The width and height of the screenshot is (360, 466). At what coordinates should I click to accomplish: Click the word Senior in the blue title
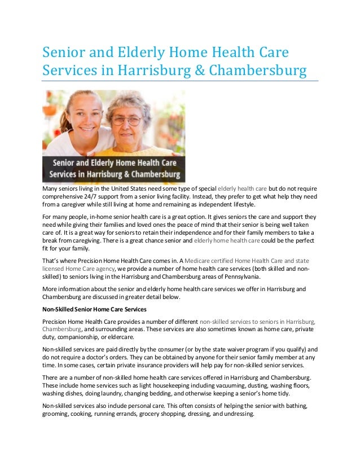pyautogui.click(x=62, y=54)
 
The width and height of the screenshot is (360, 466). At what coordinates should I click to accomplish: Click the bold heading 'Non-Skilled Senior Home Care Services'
pyautogui.click(x=95, y=309)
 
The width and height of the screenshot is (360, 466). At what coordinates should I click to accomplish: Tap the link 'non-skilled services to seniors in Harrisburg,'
pyautogui.click(x=258, y=320)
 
